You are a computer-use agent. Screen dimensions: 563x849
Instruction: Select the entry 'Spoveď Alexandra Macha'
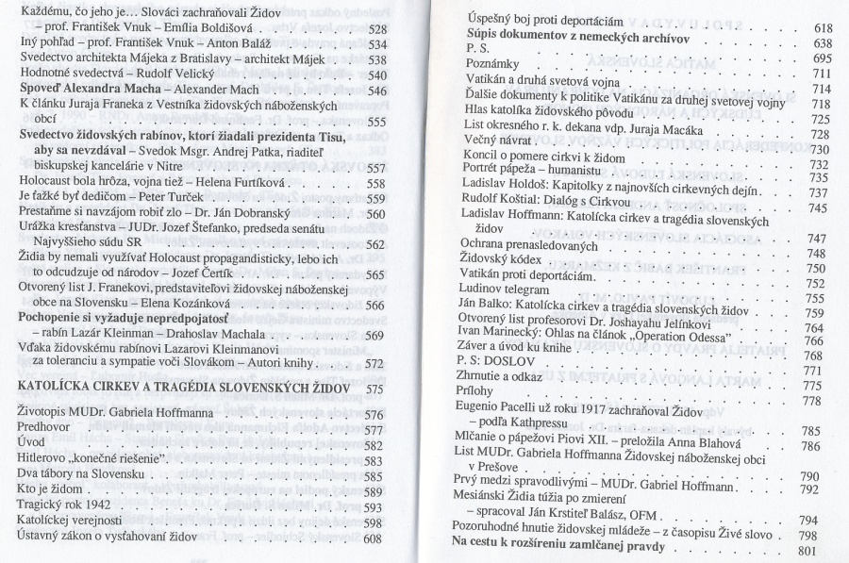pos(77,91)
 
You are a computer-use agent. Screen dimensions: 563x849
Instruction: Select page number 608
pos(375,538)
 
